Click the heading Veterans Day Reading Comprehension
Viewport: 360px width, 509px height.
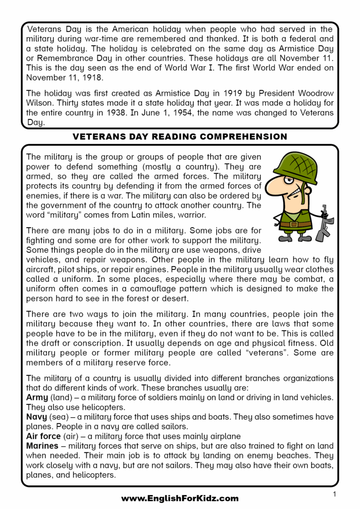[180, 137]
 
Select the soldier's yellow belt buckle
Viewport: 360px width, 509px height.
[294, 224]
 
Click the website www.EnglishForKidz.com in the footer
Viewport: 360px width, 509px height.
[180, 498]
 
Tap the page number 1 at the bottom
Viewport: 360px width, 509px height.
[334, 494]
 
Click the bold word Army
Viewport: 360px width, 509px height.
[37, 397]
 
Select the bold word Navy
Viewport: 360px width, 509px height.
[37, 417]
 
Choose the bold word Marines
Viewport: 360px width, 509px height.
[42, 446]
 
